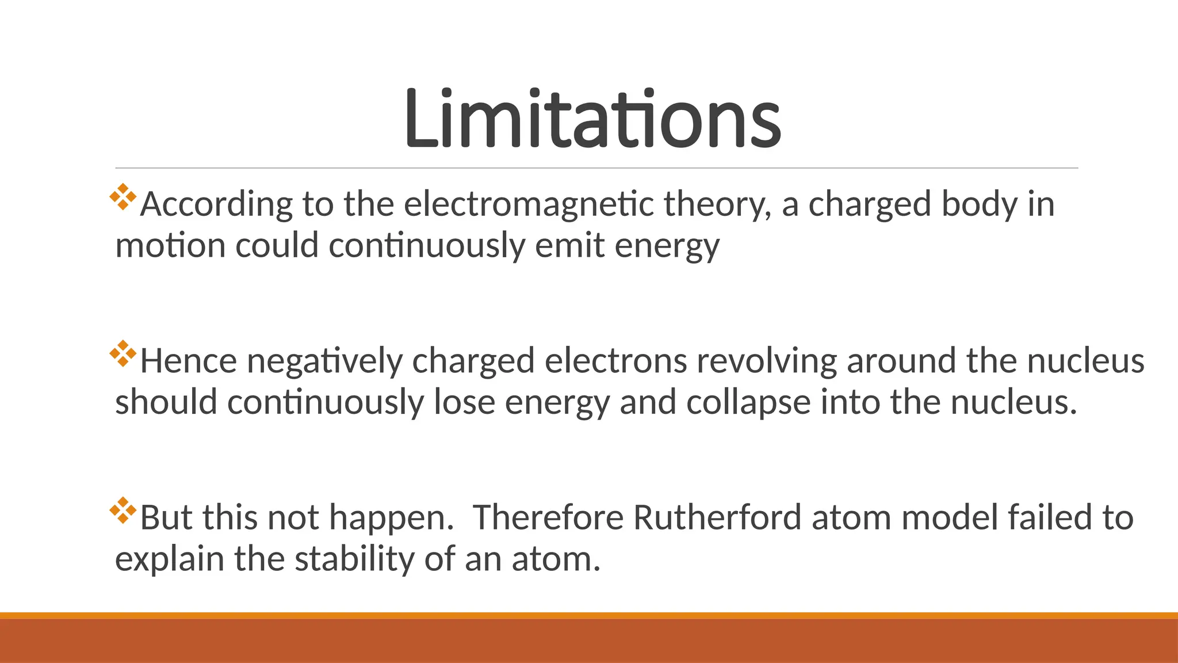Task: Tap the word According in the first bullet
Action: (216, 205)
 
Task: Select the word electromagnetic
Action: (529, 205)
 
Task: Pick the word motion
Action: (170, 246)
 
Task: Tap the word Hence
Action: (188, 361)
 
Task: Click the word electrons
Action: (615, 361)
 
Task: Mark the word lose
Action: (464, 402)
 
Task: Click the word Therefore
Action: (548, 517)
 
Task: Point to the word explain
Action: (170, 559)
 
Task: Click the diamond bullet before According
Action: (123, 197)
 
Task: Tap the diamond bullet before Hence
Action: (123, 353)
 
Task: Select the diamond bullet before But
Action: (123, 510)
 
